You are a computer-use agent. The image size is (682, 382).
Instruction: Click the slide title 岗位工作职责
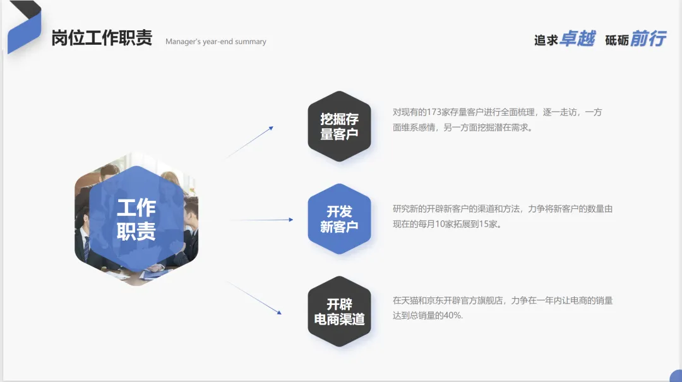(102, 38)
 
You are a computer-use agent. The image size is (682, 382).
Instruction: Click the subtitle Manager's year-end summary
(215, 42)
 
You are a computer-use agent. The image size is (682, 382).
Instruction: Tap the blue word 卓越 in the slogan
(577, 39)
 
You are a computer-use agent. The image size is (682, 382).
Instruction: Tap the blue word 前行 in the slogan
(648, 39)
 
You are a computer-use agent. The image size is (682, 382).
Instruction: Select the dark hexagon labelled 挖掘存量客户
(339, 126)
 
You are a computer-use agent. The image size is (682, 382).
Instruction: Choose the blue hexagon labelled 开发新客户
(339, 219)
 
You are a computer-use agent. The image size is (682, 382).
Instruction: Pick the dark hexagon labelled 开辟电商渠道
(339, 312)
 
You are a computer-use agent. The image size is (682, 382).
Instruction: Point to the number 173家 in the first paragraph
(436, 112)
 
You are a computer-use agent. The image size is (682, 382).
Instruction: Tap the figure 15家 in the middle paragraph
(488, 224)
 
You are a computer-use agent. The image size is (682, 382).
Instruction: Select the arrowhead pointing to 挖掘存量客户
(270, 128)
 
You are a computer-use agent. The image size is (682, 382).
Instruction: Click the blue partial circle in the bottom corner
(676, 376)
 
